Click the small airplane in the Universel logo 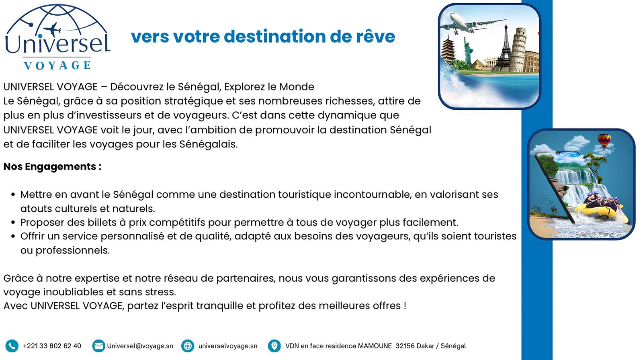(x=52, y=29)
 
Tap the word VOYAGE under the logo (x=57, y=65)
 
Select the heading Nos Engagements (x=52, y=166)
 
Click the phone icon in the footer (x=12, y=346)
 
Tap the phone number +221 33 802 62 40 (x=52, y=346)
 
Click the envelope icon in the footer (x=98, y=346)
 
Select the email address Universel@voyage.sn (x=140, y=346)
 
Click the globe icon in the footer (x=188, y=346)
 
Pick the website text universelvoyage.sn (x=228, y=346)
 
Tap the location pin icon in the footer (x=274, y=346)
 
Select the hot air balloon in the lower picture (x=604, y=141)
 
